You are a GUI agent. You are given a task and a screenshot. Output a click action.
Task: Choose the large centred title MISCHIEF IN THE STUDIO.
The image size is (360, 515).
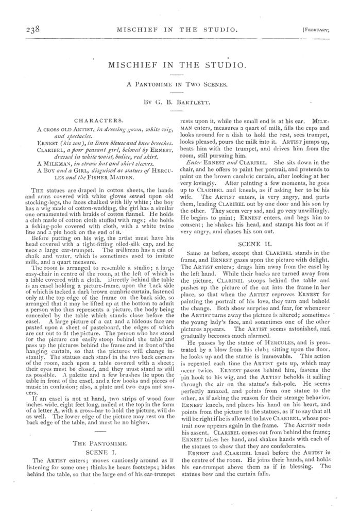[180, 65]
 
